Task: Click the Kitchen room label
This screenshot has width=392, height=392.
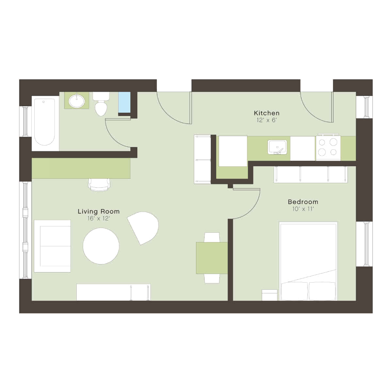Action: (267, 113)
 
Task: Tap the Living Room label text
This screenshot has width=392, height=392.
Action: (99, 211)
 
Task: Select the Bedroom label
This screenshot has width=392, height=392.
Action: (303, 202)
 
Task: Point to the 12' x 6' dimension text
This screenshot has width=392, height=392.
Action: (267, 120)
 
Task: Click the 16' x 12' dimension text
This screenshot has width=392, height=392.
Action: (99, 219)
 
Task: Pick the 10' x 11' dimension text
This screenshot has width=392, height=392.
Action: (303, 209)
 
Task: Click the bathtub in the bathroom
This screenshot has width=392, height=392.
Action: (45, 122)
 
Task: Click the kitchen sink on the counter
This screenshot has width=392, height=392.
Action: (277, 147)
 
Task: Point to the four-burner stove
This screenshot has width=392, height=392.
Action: (328, 148)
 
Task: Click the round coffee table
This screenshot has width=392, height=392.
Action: (101, 246)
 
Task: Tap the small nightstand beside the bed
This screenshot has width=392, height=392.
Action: (269, 295)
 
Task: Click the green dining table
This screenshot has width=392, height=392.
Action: (211, 258)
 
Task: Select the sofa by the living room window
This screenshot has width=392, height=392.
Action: (52, 246)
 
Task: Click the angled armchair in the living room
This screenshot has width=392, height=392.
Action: (144, 227)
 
